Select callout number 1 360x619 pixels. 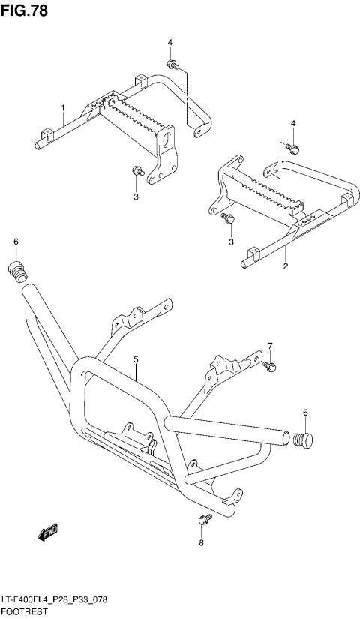63,108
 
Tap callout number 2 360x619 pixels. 286,266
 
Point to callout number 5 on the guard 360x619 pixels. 136,361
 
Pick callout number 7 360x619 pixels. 271,346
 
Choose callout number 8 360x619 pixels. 201,543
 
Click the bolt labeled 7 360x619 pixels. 269,365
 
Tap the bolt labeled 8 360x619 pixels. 202,519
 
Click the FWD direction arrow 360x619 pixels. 47,533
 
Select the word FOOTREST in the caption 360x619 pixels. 25,612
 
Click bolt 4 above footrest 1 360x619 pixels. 173,65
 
